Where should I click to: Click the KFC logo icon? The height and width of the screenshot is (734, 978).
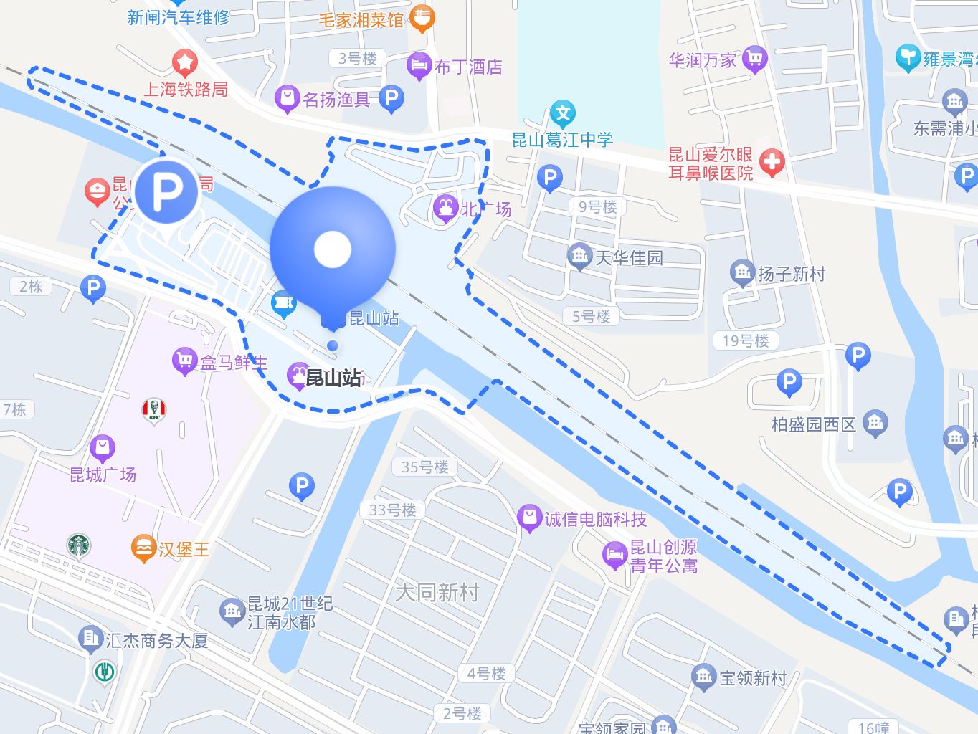point(153,411)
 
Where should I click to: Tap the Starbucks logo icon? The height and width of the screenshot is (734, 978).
point(79,545)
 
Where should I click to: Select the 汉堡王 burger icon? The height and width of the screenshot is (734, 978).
point(143,548)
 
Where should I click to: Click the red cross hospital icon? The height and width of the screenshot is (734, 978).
point(772,162)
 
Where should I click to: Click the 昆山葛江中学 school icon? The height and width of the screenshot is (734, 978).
point(563,113)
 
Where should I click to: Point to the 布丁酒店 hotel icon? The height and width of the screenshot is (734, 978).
point(418,66)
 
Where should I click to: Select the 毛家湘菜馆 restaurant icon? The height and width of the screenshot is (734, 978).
point(422,19)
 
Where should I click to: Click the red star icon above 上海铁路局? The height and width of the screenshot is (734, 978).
point(184,63)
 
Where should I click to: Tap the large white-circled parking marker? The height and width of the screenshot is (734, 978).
point(166,191)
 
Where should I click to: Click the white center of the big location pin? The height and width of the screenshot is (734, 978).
point(333,249)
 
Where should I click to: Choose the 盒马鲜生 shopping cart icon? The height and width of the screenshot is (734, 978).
point(184,361)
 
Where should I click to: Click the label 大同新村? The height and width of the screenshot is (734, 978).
point(437,592)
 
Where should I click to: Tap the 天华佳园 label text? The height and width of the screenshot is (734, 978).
point(629,257)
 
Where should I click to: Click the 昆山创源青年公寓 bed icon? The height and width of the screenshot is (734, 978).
point(614,555)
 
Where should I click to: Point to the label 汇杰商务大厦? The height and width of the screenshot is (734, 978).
point(156,640)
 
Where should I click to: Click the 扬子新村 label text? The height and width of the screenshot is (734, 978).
point(791,273)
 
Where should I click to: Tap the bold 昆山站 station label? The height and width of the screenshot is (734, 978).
point(333,378)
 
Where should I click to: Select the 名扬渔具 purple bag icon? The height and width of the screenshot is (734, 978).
point(287,98)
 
